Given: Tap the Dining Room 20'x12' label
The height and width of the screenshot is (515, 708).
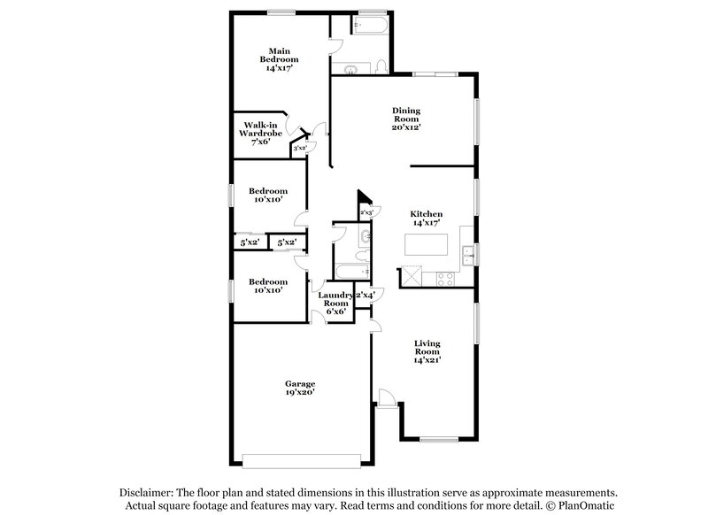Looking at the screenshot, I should click(406, 119).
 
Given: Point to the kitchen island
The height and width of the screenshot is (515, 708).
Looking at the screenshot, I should click(427, 243).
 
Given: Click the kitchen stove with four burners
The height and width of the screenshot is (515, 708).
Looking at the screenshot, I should click(444, 279).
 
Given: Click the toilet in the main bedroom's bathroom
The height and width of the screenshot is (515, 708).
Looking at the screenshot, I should click(380, 65).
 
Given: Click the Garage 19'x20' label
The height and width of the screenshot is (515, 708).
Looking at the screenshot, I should click(300, 388).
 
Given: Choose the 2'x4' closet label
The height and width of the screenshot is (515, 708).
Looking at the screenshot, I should click(366, 295).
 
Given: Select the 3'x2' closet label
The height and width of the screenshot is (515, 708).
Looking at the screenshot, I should click(299, 150).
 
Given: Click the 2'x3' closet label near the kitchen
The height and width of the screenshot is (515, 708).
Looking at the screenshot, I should click(366, 212).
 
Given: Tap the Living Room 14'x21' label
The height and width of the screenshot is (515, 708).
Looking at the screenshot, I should click(427, 351).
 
